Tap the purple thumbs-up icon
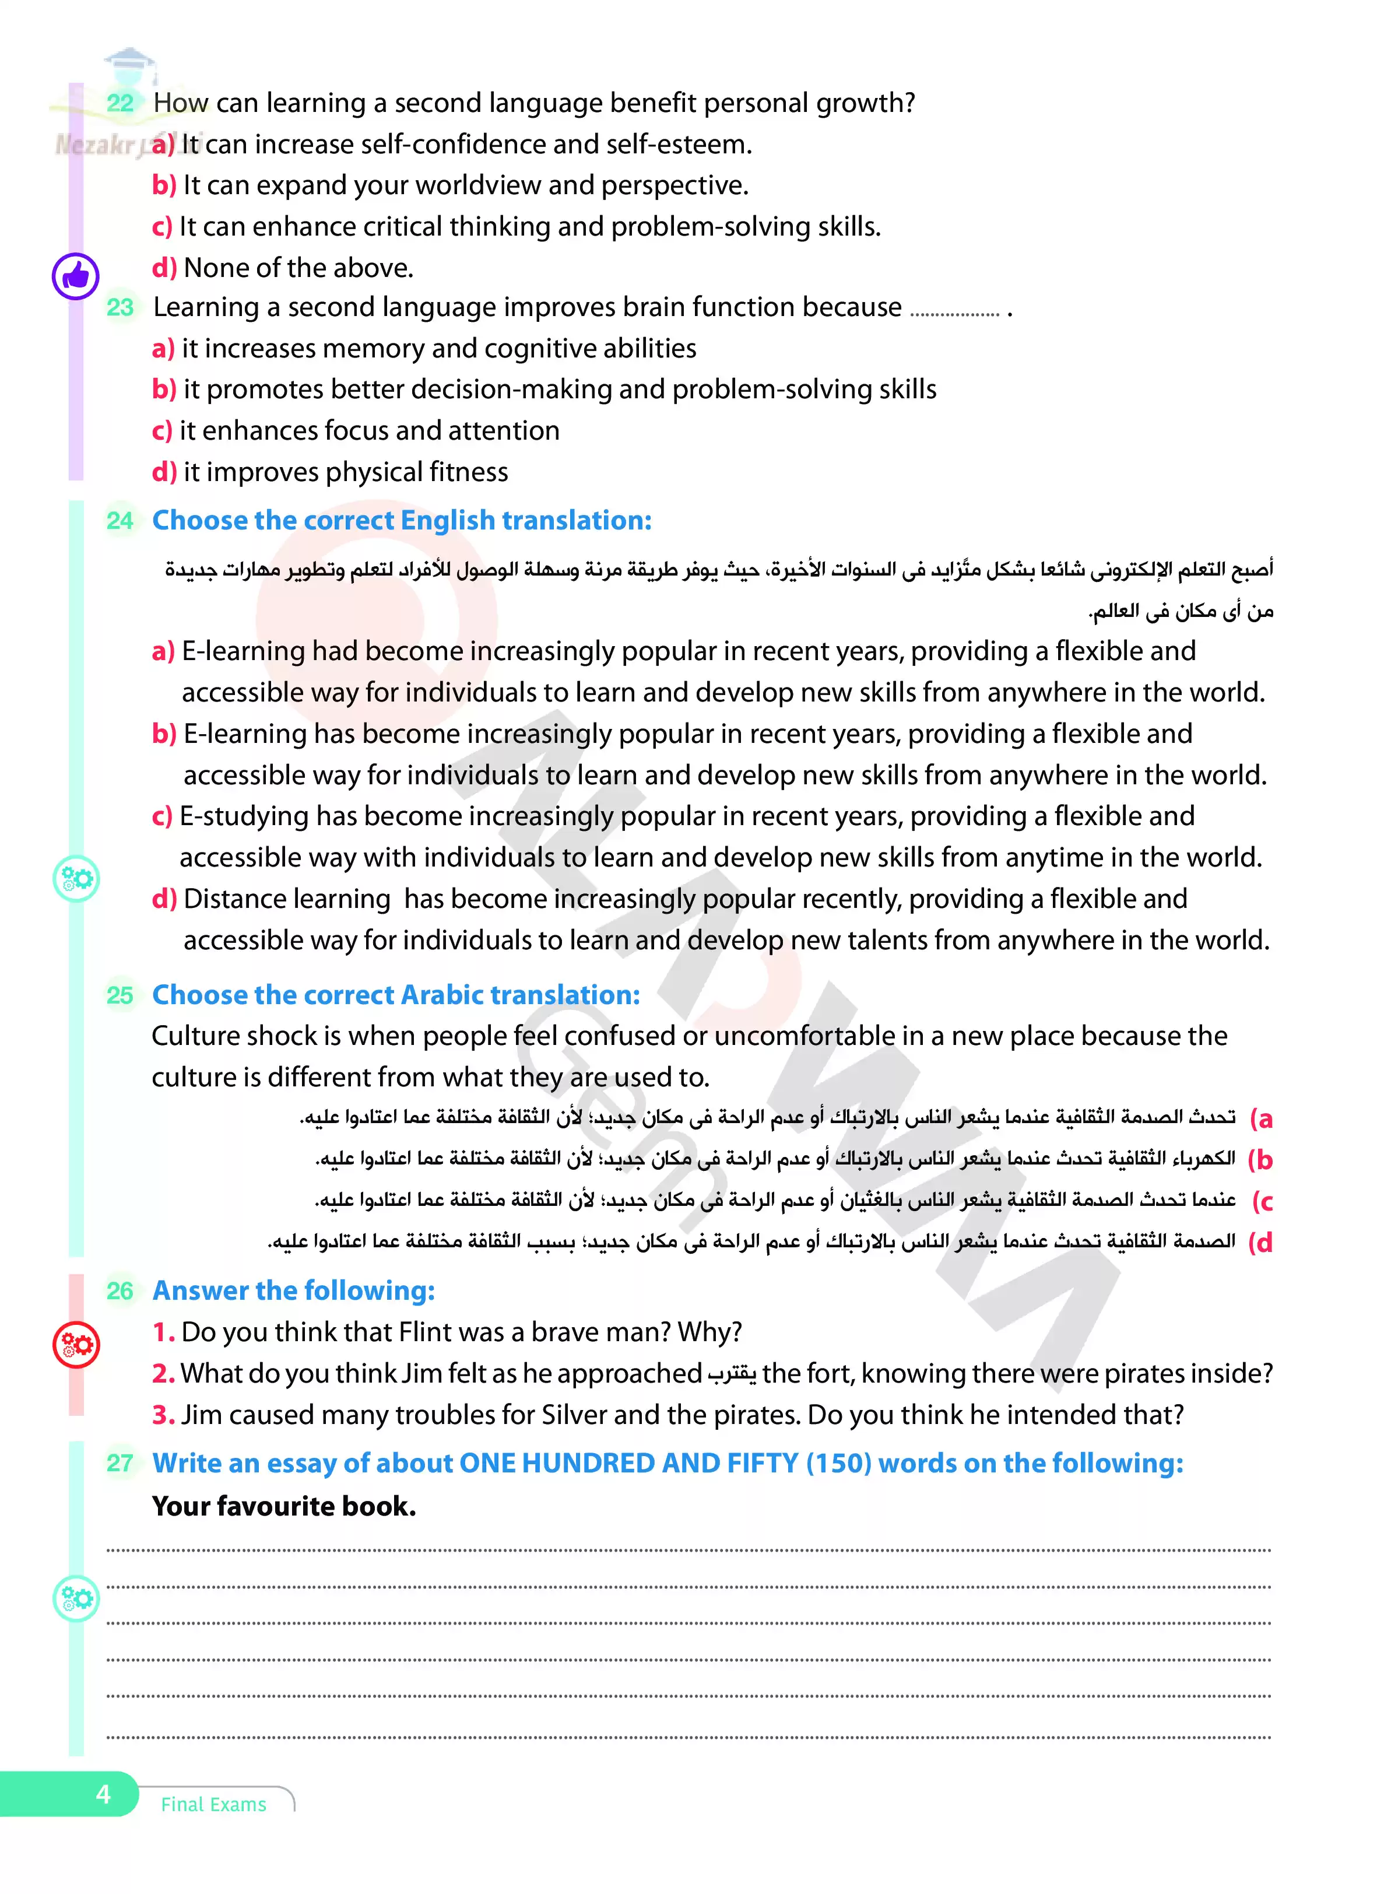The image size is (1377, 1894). tap(76, 276)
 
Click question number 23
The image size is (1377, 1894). tap(120, 307)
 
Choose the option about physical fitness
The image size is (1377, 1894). tap(330, 472)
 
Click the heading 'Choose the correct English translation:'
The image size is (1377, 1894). tap(402, 520)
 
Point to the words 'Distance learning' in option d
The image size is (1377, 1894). tap(286, 899)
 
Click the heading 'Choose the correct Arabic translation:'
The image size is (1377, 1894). tap(396, 995)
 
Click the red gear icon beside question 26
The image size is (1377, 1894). tap(76, 1345)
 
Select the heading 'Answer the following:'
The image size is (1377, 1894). tap(293, 1290)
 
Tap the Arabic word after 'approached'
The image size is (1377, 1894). tap(732, 1374)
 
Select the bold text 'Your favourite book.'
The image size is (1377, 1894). tap(284, 1506)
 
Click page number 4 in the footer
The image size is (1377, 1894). tap(104, 1794)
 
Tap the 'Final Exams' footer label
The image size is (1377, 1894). tap(214, 1805)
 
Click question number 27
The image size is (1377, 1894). tap(120, 1463)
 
